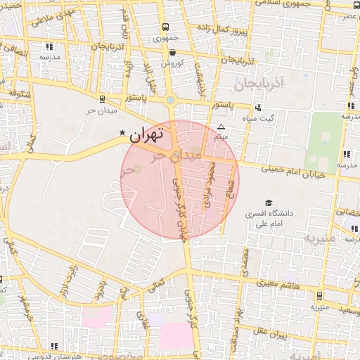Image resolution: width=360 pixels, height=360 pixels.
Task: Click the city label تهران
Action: tap(146, 134)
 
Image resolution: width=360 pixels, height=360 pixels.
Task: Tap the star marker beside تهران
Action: tap(122, 132)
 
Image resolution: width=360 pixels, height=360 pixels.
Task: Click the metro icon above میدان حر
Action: tap(103, 99)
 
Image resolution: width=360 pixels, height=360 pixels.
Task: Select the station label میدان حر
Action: tap(100, 111)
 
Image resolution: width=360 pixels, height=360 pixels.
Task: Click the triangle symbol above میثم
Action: tap(221, 127)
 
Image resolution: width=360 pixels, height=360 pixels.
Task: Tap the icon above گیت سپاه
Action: tap(259, 108)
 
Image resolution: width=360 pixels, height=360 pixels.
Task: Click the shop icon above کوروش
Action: tap(172, 51)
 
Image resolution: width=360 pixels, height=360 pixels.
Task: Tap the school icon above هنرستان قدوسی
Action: tap(55, 345)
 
